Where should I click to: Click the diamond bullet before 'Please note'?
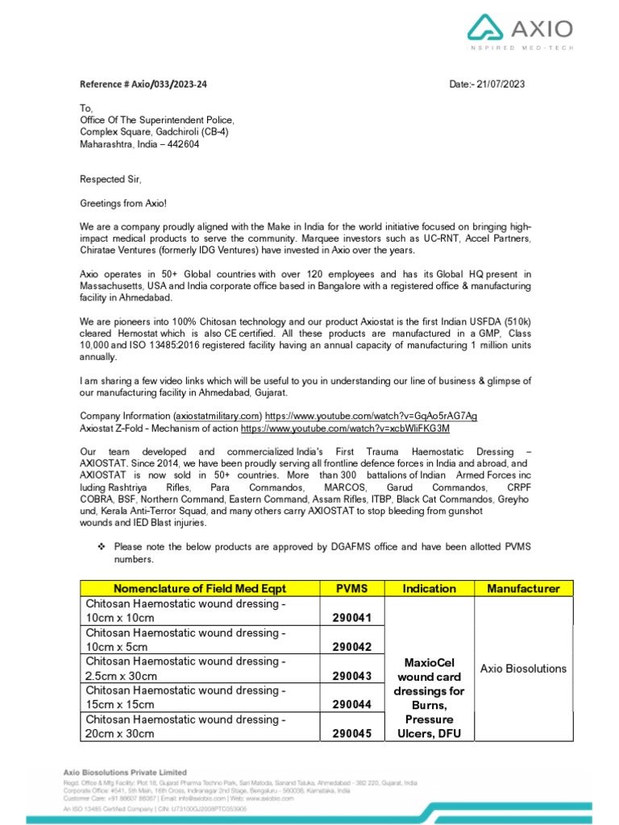tap(102, 547)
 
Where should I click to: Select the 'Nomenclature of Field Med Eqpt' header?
tap(200, 588)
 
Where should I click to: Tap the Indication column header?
tap(429, 588)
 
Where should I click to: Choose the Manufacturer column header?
tap(523, 588)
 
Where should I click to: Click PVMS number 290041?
tap(352, 618)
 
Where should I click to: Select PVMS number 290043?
tap(352, 675)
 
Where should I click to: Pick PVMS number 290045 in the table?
tap(352, 733)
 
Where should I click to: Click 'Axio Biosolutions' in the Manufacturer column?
tap(523, 669)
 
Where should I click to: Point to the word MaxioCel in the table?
tap(429, 662)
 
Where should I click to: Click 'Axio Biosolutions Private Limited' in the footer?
tap(125, 772)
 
